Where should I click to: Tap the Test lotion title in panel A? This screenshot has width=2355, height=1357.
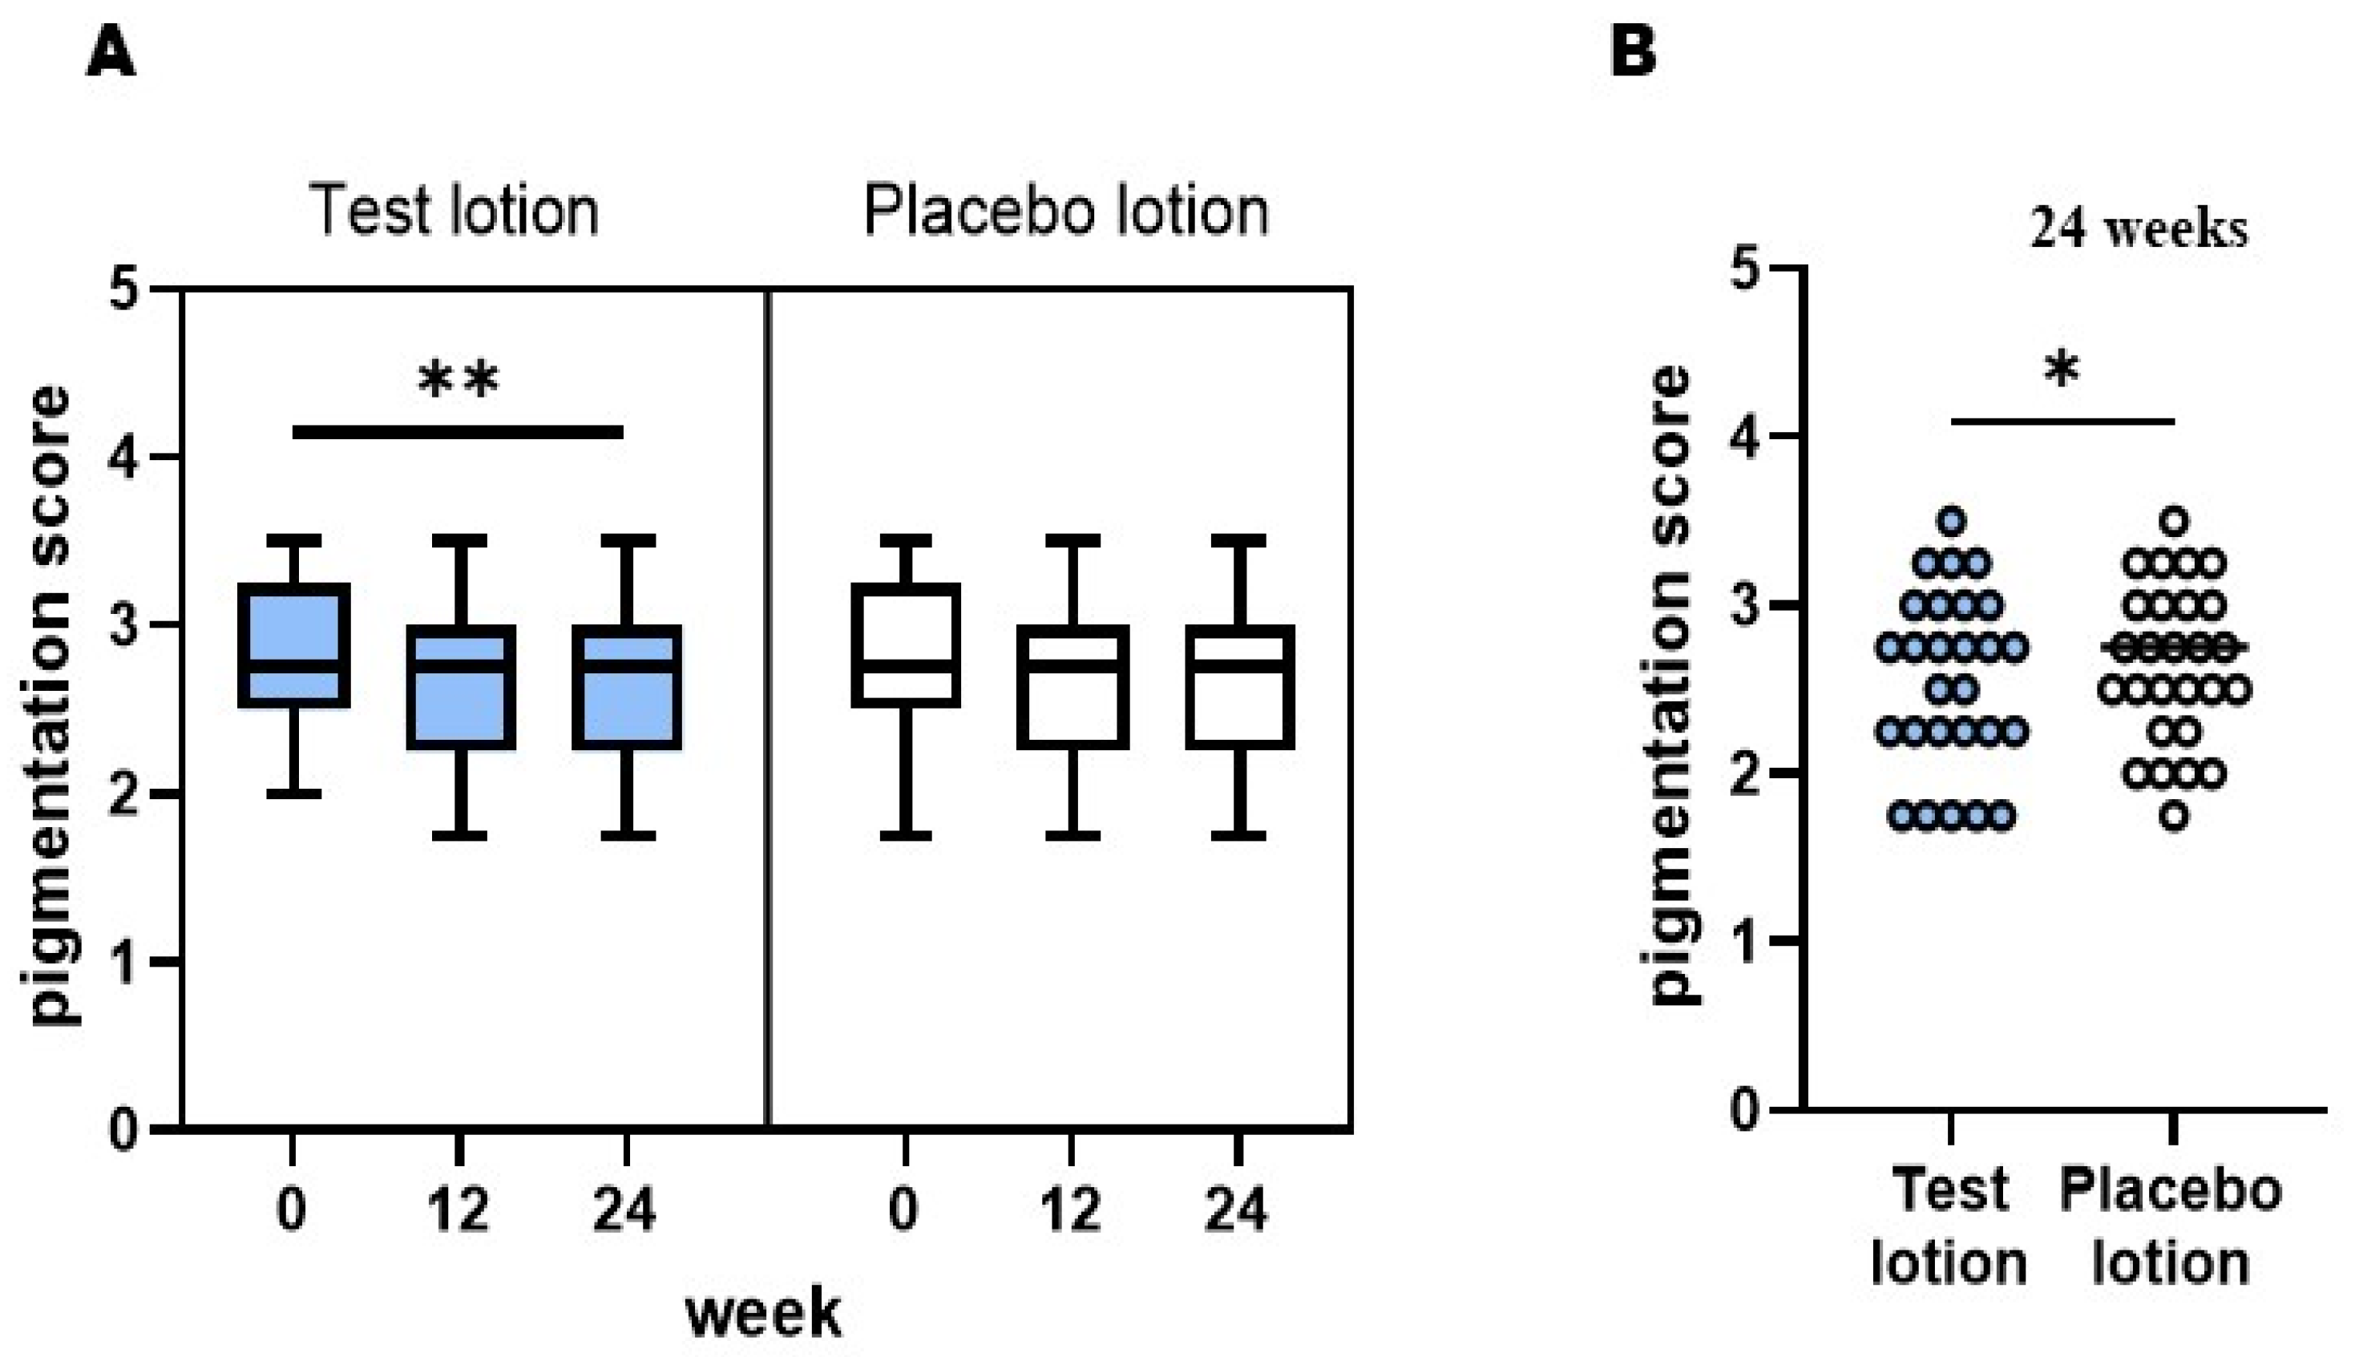pos(454,212)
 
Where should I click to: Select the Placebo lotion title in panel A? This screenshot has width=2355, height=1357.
pos(1066,212)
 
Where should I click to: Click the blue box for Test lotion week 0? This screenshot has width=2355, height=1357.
pos(293,645)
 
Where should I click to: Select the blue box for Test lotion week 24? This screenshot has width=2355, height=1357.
pos(626,687)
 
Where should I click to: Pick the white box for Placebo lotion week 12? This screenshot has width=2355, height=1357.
pos(1072,687)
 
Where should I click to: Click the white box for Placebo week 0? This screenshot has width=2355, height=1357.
pos(906,645)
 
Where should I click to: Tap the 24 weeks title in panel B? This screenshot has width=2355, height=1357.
pos(2139,229)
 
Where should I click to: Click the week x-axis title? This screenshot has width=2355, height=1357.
pos(763,1312)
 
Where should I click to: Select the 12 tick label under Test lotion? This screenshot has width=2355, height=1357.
pos(458,1210)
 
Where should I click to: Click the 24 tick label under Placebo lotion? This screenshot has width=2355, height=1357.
pos(1238,1210)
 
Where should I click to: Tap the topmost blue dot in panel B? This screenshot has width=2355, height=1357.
pos(1952,520)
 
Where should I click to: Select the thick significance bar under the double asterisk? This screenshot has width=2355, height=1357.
pos(458,431)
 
